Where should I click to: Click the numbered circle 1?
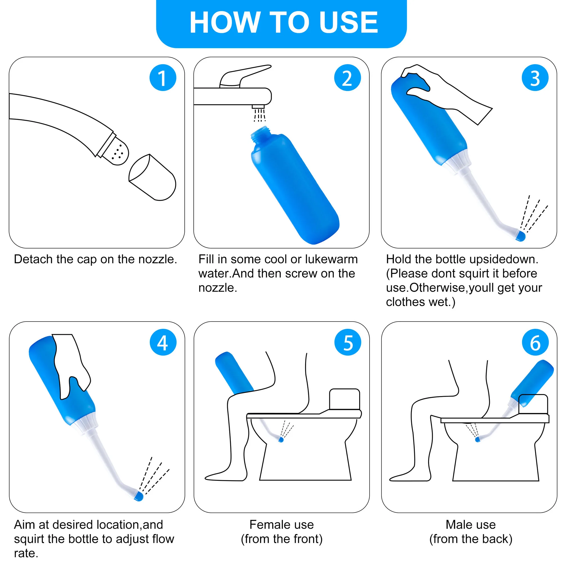(163, 77)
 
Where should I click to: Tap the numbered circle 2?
(347, 77)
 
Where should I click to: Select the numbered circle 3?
(535, 77)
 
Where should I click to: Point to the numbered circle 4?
(163, 342)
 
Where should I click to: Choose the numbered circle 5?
(348, 342)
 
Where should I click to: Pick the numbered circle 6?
(535, 342)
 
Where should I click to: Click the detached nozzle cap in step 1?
(152, 177)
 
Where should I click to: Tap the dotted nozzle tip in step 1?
(116, 152)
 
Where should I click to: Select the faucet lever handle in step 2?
(245, 76)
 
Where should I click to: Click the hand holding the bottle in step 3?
(446, 93)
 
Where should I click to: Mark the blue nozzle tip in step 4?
(138, 496)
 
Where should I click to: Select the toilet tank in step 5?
(345, 399)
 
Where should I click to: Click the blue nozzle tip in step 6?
(477, 439)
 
